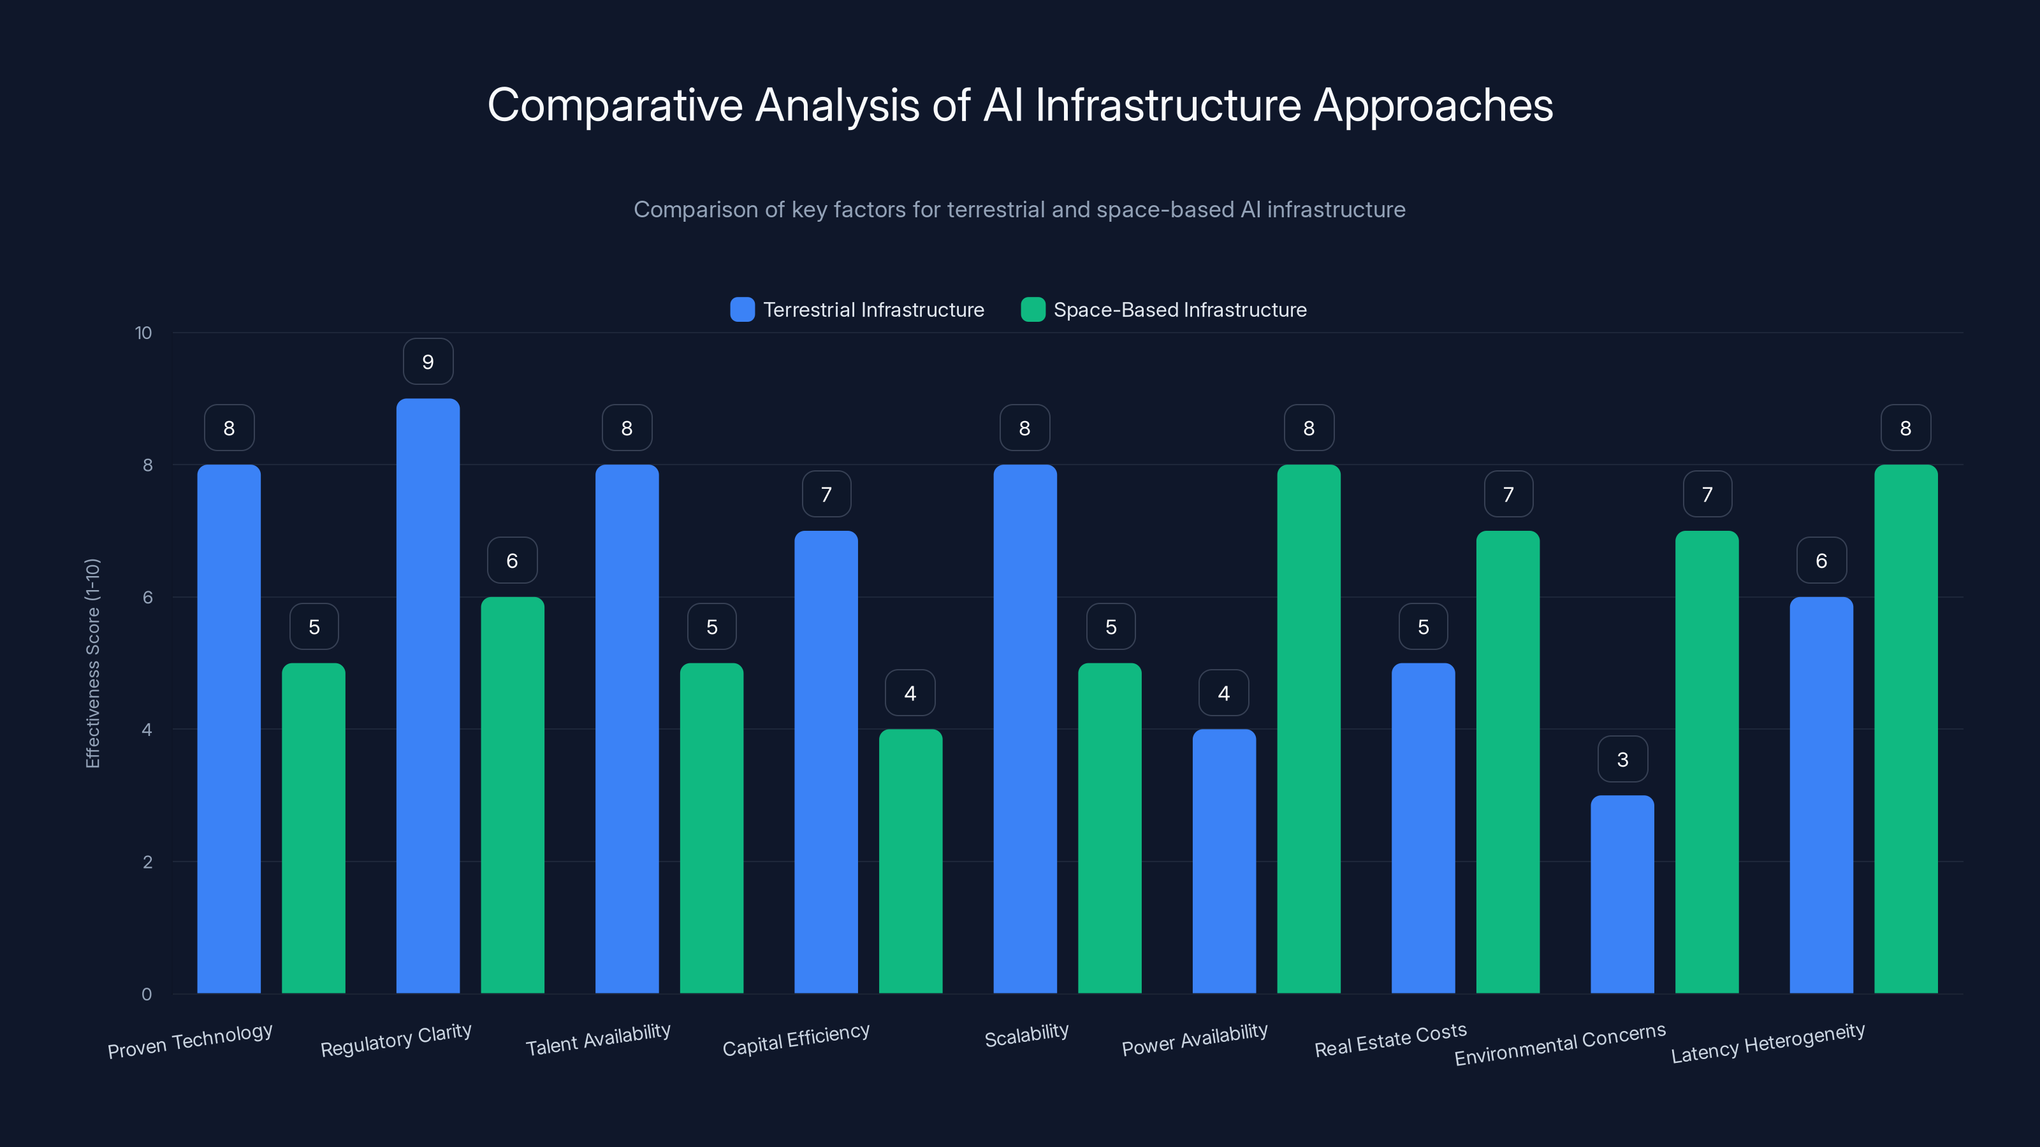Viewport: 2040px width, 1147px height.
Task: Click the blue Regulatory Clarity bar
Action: coord(428,696)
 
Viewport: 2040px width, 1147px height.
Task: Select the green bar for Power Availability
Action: coord(1308,728)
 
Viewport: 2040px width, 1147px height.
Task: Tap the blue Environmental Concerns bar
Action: coord(1622,895)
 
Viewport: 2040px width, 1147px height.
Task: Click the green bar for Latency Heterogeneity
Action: coord(1905,728)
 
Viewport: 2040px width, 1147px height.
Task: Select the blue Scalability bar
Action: coord(1024,728)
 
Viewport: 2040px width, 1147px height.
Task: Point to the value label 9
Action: coord(428,362)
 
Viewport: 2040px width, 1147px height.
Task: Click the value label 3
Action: coord(1622,759)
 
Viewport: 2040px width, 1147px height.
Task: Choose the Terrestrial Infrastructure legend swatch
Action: coord(742,310)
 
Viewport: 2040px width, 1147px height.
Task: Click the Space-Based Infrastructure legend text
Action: coord(1179,310)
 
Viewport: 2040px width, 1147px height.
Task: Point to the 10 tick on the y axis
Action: coord(143,333)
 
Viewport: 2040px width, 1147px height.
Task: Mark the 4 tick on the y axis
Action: coord(147,729)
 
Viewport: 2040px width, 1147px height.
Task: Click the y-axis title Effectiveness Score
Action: coord(92,663)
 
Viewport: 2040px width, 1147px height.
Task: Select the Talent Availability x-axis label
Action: coord(598,1039)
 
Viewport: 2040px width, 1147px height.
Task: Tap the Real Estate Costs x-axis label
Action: coord(1390,1039)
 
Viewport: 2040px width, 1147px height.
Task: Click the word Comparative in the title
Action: coord(615,105)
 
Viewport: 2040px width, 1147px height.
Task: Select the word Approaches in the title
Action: coord(1433,105)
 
